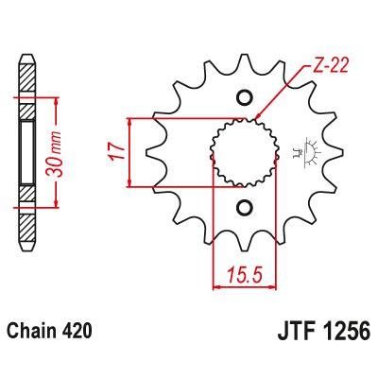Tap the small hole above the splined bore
point(246,97)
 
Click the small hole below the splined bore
point(246,207)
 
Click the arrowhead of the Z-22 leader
point(258,119)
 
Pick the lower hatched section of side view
point(27,213)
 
